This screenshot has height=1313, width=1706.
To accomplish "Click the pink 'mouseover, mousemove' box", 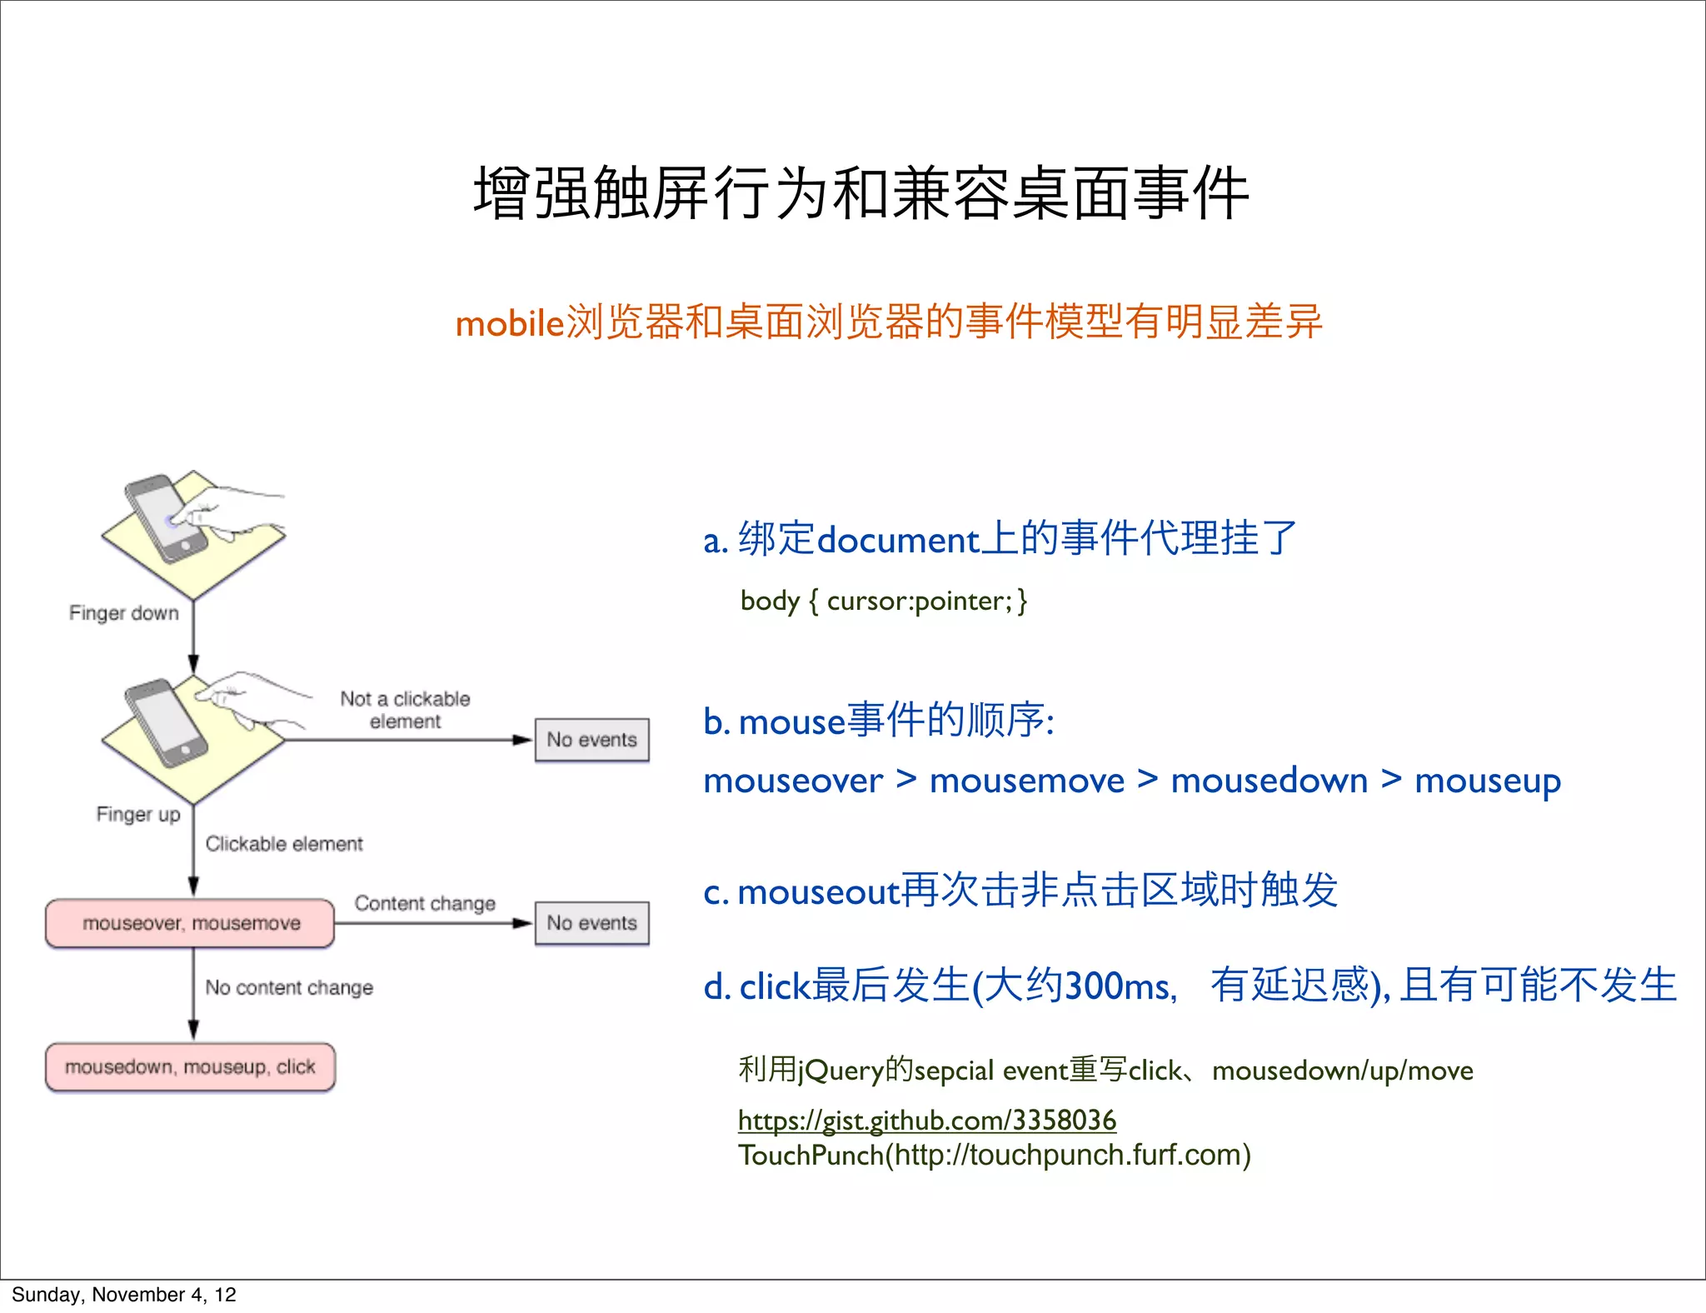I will click(190, 923).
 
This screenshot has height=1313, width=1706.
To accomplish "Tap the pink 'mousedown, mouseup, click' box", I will click(190, 1067).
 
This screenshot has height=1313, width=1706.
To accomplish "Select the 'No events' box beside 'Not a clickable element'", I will click(591, 740).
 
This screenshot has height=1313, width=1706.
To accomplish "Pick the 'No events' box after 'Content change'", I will click(591, 923).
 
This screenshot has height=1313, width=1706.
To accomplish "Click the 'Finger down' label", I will click(124, 613).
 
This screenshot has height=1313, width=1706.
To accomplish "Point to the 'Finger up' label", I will click(138, 814).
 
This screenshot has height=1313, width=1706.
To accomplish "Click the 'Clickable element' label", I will click(284, 844).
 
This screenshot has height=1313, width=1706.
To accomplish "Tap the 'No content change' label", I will click(289, 987).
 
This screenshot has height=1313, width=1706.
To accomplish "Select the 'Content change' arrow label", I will click(425, 903).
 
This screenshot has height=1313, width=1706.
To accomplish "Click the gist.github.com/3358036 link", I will click(926, 1121).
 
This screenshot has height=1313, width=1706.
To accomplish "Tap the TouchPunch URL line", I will click(994, 1156).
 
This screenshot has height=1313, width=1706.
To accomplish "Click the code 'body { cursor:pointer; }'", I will click(883, 601).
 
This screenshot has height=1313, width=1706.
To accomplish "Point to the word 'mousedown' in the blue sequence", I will click(1269, 781).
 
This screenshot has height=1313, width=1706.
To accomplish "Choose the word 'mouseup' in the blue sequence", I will click(1488, 781).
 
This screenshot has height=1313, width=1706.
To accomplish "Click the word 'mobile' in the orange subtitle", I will click(510, 323).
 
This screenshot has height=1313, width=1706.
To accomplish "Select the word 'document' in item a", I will click(898, 541).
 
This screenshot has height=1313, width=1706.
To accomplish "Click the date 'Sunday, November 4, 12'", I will click(124, 1295).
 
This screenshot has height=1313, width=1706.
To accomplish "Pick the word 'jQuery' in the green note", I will click(840, 1071).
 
